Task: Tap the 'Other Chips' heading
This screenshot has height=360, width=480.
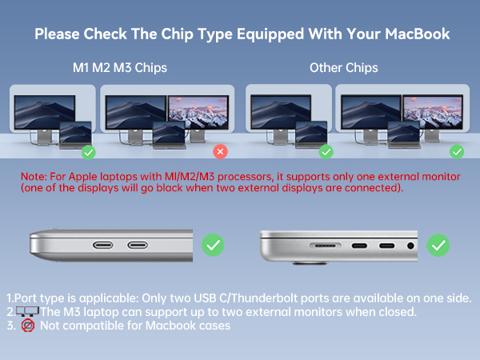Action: [343, 67]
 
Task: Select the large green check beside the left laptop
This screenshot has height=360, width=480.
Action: [213, 244]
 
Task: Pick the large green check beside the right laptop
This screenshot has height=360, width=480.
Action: [438, 244]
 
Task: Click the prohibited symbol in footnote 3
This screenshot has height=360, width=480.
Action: [27, 326]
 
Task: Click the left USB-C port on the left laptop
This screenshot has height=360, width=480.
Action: [106, 246]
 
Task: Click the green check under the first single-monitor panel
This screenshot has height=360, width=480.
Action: [89, 151]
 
